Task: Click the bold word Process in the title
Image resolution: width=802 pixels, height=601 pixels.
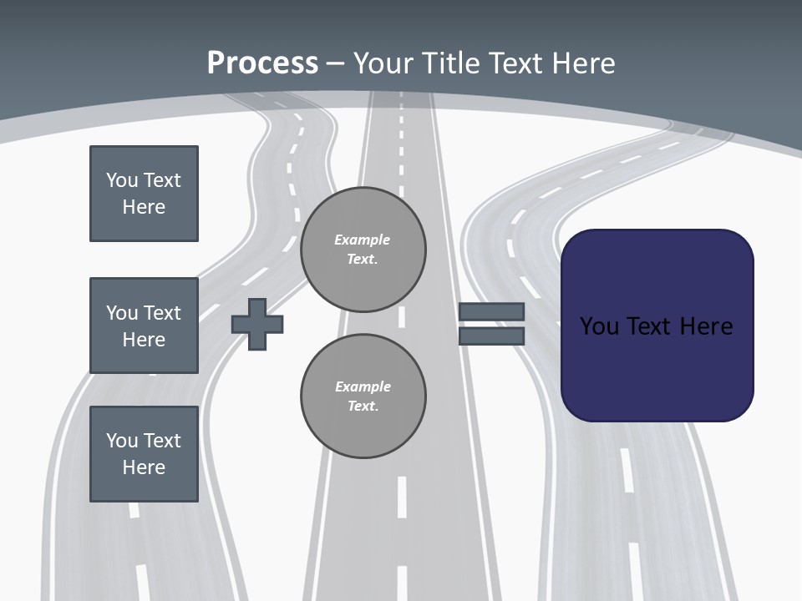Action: coord(262,63)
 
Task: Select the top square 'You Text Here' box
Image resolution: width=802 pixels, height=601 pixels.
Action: coord(144,194)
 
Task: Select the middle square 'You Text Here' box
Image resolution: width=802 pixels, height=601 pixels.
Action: coord(144,326)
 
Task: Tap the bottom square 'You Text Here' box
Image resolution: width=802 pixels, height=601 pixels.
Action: coord(144,454)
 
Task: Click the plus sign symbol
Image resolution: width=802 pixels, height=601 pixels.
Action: coord(257,324)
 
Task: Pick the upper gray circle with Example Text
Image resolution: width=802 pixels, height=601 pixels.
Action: coord(363,250)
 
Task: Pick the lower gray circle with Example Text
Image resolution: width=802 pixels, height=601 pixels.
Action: coord(363,396)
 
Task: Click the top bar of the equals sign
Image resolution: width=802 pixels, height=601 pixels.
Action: coord(491,311)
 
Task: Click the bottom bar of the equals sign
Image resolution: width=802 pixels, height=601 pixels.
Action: coord(491,336)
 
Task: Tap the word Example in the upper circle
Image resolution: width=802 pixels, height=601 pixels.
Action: coord(363,240)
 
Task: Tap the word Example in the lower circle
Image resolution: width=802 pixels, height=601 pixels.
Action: coord(363,386)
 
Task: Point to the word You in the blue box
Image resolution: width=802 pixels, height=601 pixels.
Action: coord(599,326)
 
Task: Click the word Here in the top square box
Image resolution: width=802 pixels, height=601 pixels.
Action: coord(144,207)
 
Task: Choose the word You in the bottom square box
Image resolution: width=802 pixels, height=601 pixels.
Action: coord(122,440)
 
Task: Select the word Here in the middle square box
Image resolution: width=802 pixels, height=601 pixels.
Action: coord(144,340)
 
